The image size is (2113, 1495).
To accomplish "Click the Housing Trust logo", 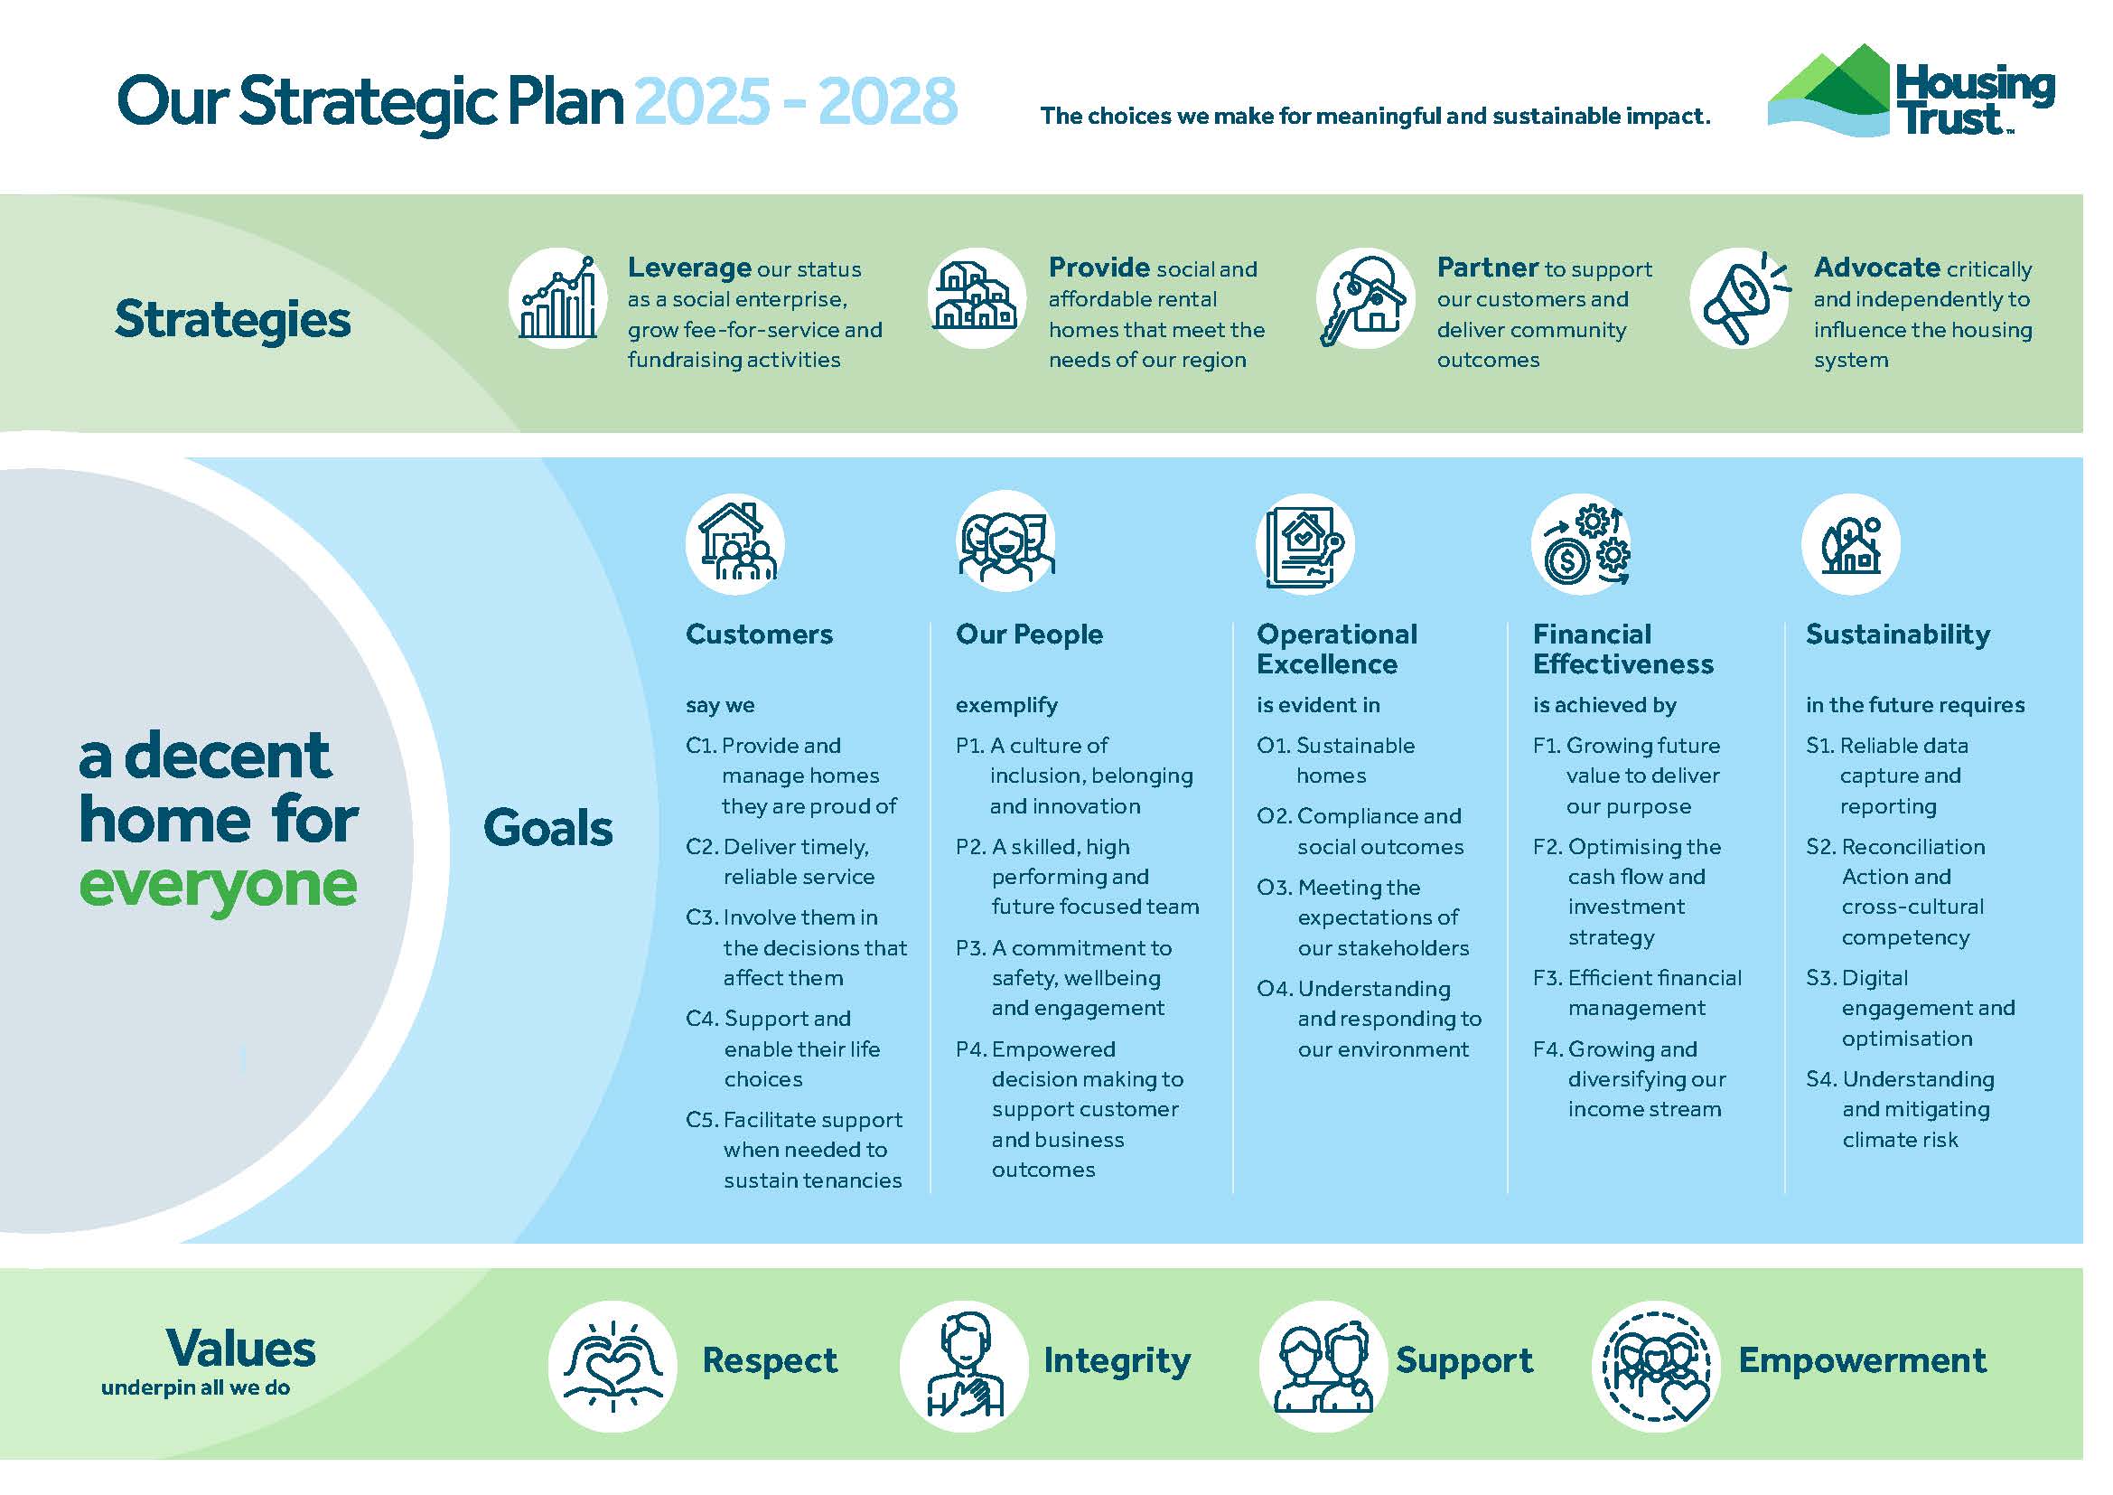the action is (x=1911, y=90).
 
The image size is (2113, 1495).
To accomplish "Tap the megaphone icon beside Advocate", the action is (x=1739, y=298).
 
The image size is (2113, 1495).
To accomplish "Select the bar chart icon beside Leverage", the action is (x=557, y=298).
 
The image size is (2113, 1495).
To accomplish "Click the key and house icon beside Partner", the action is (x=1365, y=298).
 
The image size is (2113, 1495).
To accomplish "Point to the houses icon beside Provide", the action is (x=977, y=298).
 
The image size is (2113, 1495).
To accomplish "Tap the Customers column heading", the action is (x=759, y=635).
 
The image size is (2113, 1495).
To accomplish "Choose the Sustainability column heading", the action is (x=1898, y=635).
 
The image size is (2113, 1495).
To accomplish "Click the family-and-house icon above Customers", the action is (x=735, y=544).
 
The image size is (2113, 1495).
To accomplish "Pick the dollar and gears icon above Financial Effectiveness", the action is (x=1581, y=544).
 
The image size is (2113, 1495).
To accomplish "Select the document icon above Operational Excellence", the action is (x=1305, y=544).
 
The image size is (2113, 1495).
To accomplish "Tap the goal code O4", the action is (x=1275, y=989).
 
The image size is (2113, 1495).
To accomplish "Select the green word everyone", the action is (x=218, y=886).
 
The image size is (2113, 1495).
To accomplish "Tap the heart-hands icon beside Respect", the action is (x=612, y=1366).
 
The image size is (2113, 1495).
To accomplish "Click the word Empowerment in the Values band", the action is (x=1862, y=1361).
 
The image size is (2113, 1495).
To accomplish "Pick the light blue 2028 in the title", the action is (x=887, y=100).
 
